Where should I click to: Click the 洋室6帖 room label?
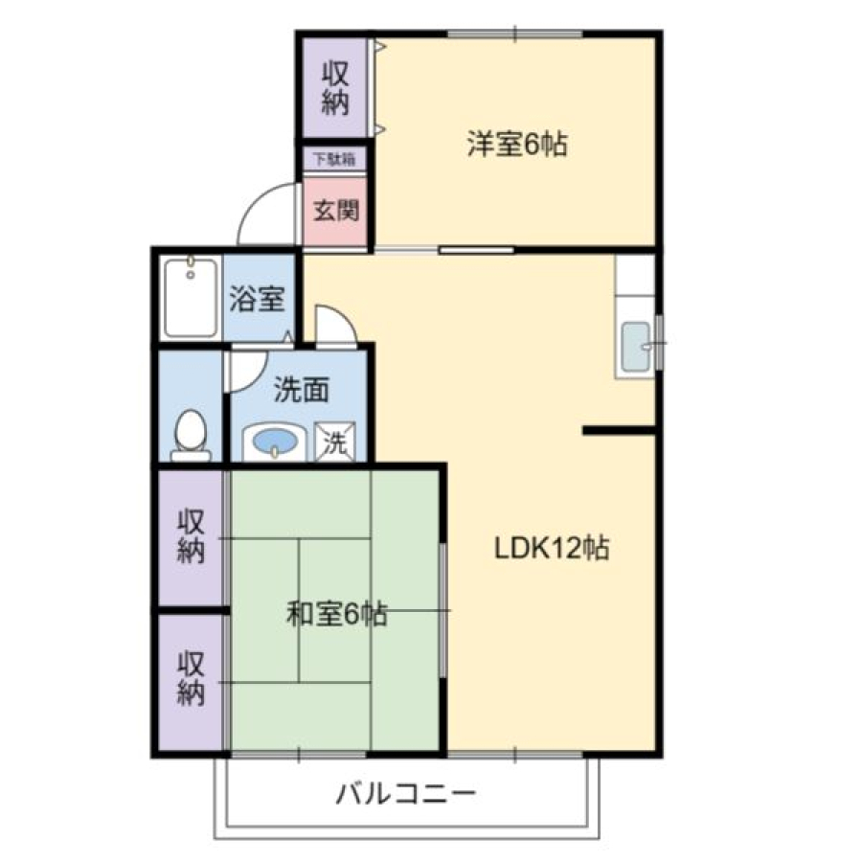(517, 144)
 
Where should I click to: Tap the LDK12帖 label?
(552, 548)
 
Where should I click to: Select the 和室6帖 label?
(337, 614)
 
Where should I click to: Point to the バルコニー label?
(406, 794)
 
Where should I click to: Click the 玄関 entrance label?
(336, 210)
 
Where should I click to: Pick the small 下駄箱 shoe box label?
(334, 159)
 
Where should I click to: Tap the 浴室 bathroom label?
(257, 299)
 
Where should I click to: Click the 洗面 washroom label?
(302, 390)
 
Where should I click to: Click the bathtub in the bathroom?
(191, 298)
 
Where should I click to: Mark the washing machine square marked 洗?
(335, 442)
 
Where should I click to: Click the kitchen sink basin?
(636, 347)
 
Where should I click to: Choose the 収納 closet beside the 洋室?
(335, 88)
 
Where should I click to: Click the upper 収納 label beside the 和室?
(191, 536)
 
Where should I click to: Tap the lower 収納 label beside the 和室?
(191, 678)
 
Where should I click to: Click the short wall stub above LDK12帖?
(620, 430)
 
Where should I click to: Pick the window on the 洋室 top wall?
(515, 34)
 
